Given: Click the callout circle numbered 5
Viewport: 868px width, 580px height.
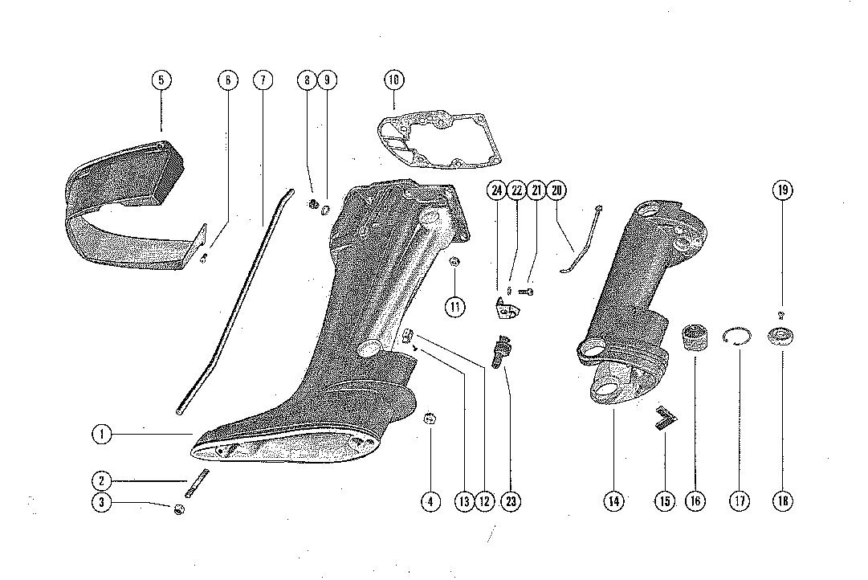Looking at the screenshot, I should tap(161, 80).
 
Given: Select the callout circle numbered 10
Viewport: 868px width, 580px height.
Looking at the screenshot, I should tap(393, 80).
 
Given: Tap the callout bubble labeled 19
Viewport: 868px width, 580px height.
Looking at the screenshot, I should tap(783, 190).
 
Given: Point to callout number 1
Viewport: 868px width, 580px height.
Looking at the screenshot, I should tap(101, 435).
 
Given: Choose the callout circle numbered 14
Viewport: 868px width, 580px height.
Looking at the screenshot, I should tap(613, 501).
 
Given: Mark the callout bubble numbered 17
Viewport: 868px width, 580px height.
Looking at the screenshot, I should tap(740, 501).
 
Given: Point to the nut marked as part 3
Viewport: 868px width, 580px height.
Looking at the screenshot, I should tap(179, 509).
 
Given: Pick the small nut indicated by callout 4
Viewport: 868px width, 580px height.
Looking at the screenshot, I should tap(430, 417).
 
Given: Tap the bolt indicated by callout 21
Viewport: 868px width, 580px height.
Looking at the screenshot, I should tap(528, 292).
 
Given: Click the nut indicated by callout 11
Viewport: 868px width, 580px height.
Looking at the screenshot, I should tap(454, 261).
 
